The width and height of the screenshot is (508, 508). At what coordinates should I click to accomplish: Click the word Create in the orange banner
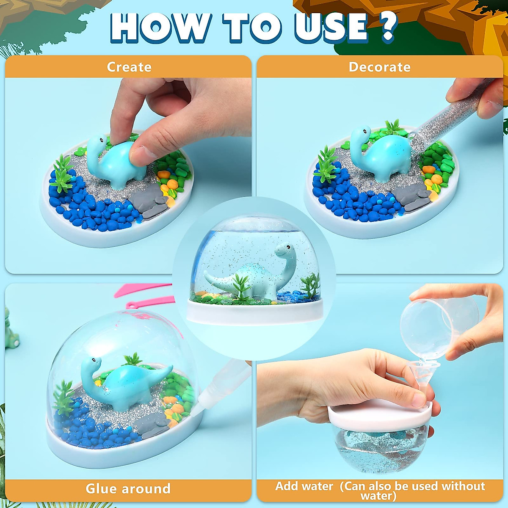tap(129, 67)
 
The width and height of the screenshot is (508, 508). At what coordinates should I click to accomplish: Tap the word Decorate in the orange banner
tap(379, 67)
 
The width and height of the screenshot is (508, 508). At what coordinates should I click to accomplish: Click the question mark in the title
tap(388, 26)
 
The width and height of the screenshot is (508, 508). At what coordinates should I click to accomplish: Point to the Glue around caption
tap(128, 489)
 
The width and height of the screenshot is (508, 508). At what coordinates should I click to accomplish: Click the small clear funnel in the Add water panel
tap(419, 373)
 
